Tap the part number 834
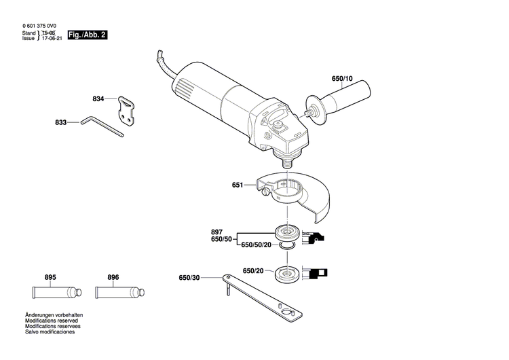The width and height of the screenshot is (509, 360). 98,99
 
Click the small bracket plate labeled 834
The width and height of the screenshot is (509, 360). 128,108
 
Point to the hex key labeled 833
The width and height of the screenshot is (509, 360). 102,126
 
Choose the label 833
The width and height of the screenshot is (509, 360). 61,122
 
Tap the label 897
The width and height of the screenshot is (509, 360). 217,232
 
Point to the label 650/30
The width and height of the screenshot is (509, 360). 190,277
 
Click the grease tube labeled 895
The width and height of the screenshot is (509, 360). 54,293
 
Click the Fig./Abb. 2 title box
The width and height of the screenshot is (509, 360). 86,34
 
